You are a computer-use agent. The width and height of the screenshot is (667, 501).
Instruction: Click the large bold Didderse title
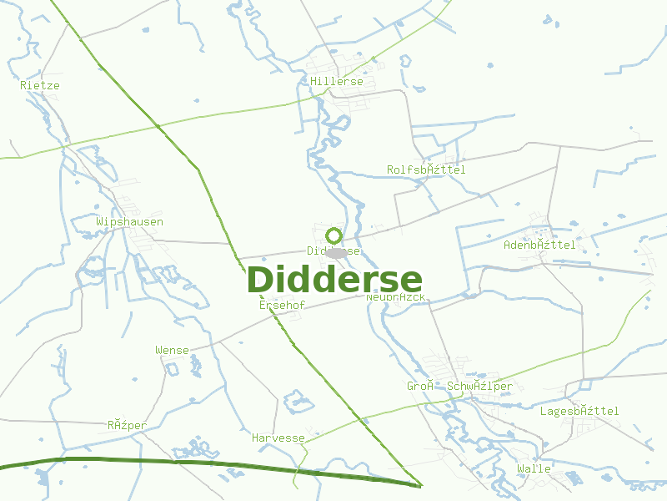[334, 281]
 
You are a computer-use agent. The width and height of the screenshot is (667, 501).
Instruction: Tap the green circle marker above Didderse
[334, 235]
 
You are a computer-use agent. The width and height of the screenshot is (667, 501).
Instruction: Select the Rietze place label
[40, 85]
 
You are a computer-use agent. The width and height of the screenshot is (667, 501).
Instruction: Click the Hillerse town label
[337, 82]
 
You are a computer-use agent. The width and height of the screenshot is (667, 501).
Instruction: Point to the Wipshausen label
[129, 222]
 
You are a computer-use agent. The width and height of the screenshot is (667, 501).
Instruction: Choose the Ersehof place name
[282, 306]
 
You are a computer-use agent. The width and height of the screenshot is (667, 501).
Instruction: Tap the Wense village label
[172, 350]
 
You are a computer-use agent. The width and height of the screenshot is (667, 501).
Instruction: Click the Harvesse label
[278, 438]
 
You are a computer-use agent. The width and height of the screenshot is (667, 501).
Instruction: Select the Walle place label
[534, 468]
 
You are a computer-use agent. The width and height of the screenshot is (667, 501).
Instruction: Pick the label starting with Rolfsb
[426, 170]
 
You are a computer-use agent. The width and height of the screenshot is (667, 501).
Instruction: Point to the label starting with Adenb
[539, 245]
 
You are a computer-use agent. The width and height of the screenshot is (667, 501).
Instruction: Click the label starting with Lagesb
[579, 411]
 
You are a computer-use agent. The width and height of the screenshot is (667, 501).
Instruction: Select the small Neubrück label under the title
[396, 297]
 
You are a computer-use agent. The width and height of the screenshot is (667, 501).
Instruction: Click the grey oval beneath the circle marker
[337, 252]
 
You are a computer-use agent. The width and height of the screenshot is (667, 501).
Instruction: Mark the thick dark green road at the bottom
[208, 462]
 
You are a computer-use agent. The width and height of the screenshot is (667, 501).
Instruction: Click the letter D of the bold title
[262, 281]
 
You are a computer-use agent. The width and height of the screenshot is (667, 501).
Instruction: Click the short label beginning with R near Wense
[127, 425]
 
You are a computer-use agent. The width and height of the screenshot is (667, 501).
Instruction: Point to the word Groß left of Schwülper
[421, 386]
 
